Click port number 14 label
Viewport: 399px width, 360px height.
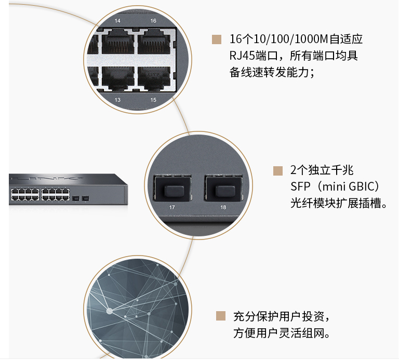117,21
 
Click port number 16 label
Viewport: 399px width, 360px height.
153,21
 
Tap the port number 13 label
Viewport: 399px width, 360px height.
117,100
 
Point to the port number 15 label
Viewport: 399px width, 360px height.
153,100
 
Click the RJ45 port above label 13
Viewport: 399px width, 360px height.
118,78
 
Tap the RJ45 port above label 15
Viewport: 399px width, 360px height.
154,78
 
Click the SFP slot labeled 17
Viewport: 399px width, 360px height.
172,188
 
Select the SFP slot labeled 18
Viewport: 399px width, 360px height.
224,188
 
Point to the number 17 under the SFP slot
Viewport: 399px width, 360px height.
172,207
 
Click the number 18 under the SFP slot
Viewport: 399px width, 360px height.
223,207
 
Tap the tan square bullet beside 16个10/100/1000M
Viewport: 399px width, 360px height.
217,39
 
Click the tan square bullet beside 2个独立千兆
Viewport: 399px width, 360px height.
278,171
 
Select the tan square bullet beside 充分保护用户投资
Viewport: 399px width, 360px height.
221,316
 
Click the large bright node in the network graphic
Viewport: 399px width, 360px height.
110,311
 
